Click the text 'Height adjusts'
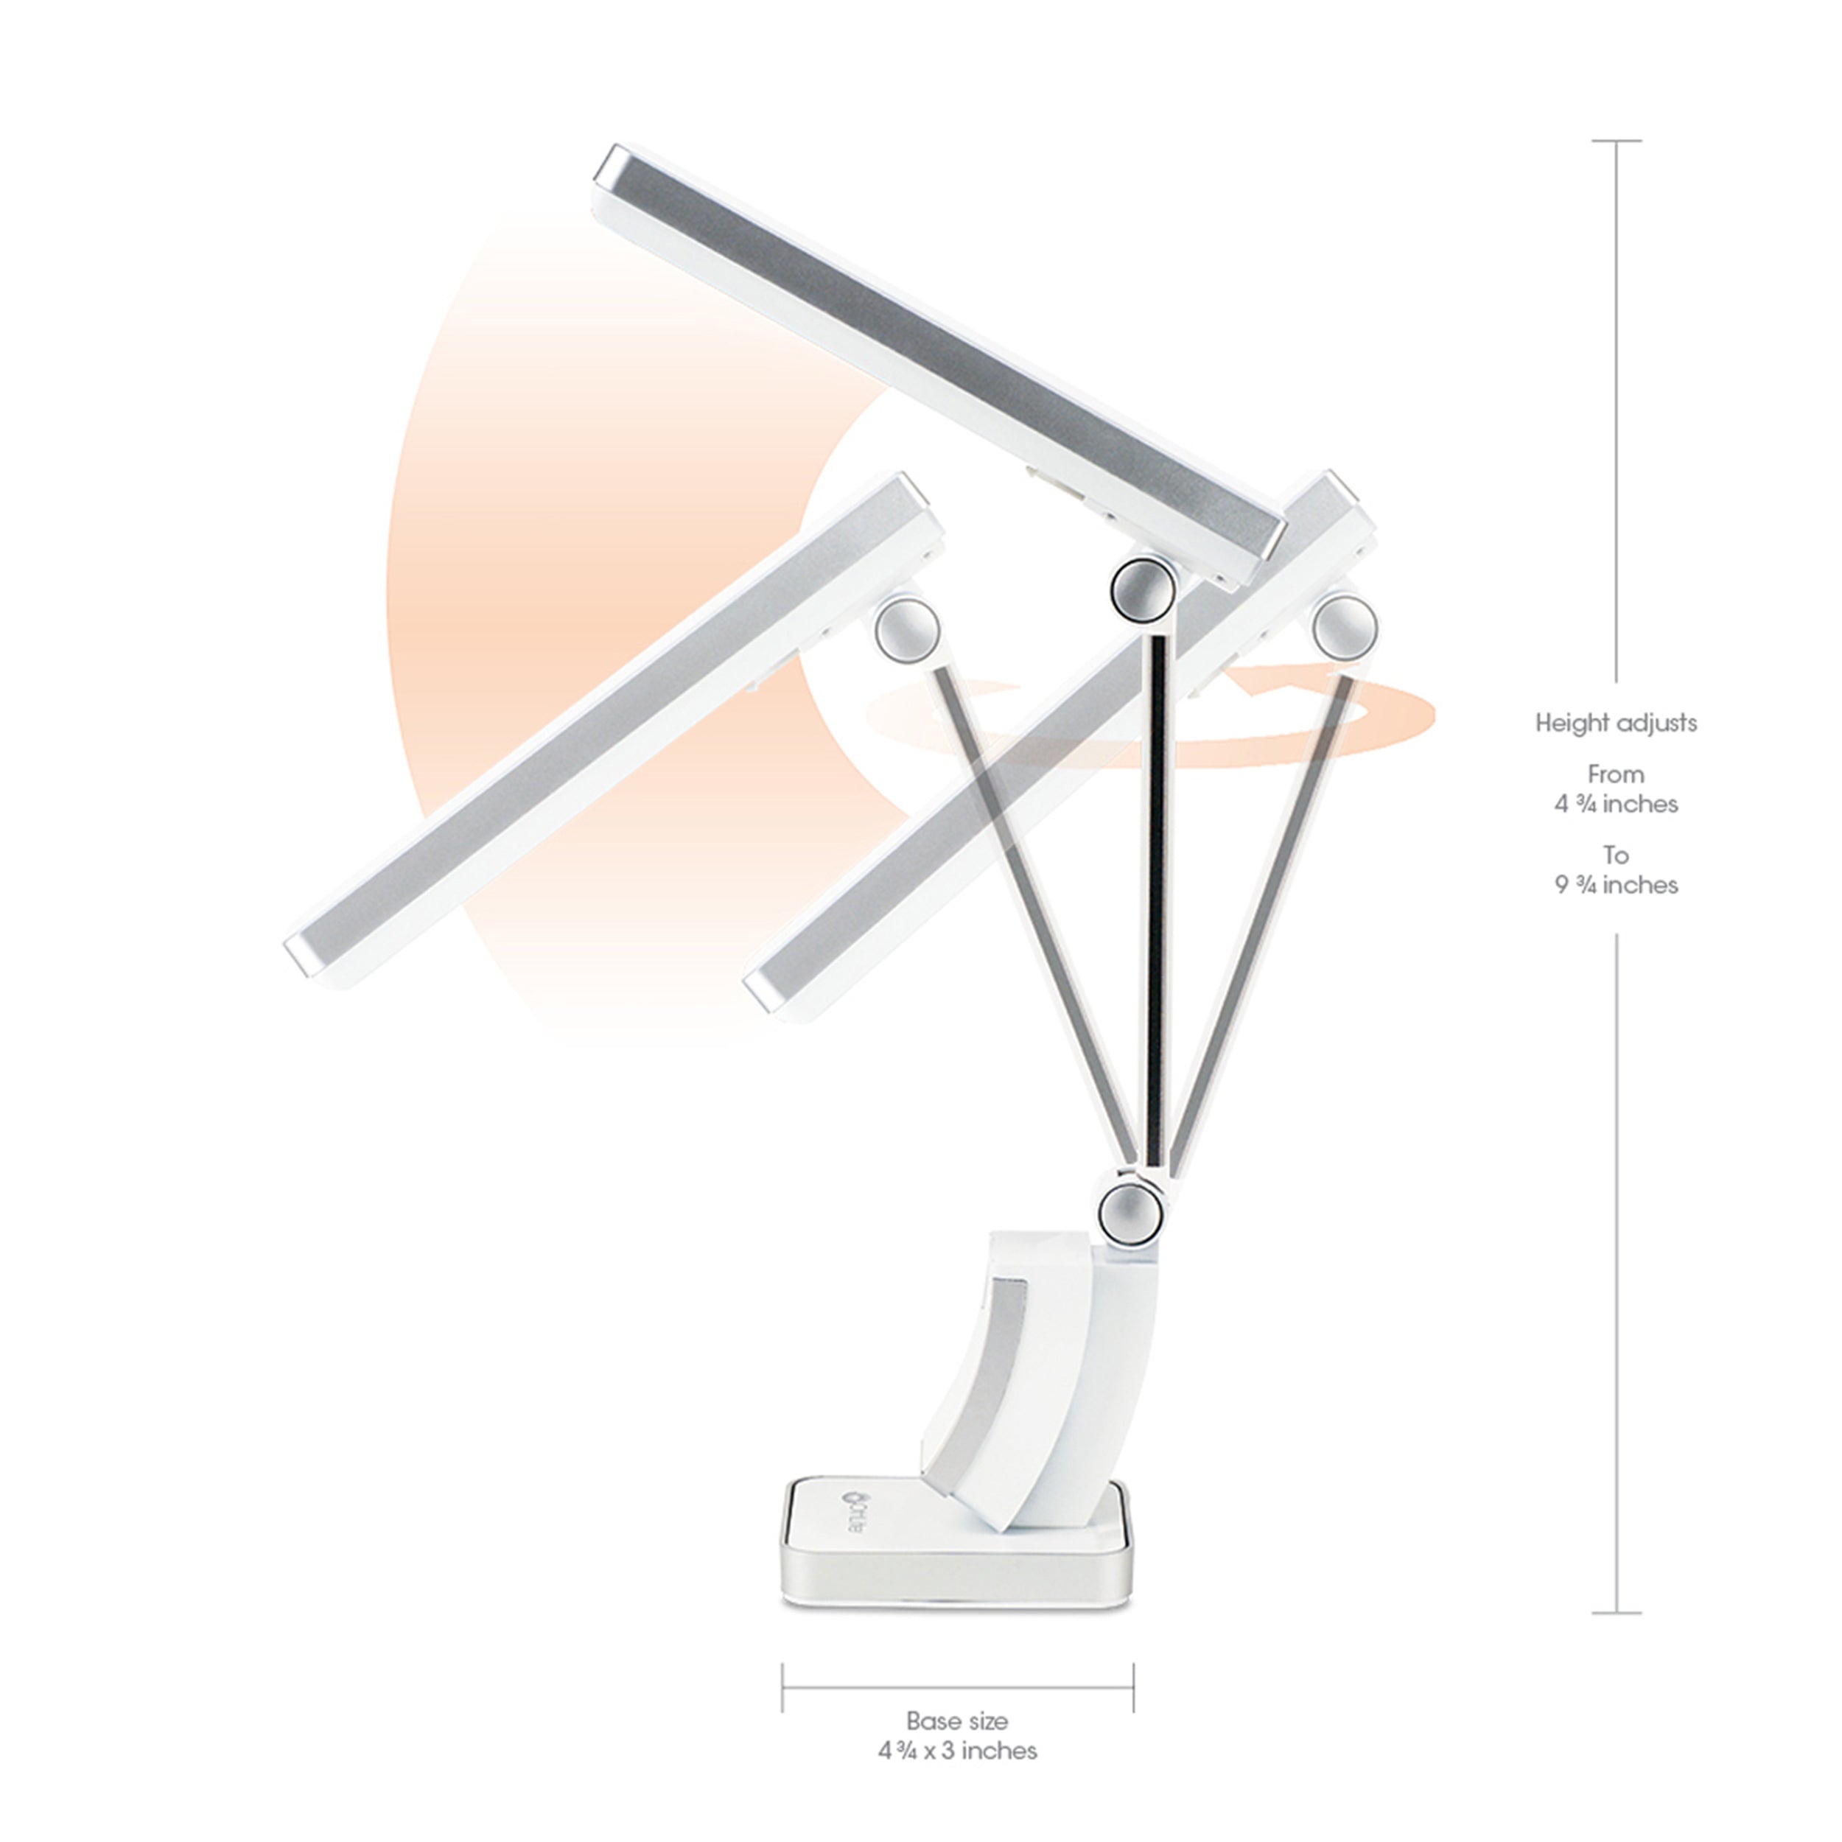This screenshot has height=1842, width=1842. [1616, 723]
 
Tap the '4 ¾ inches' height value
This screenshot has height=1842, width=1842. [1616, 804]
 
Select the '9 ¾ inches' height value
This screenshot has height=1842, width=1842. [1616, 885]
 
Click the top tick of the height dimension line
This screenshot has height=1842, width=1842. [1616, 141]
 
